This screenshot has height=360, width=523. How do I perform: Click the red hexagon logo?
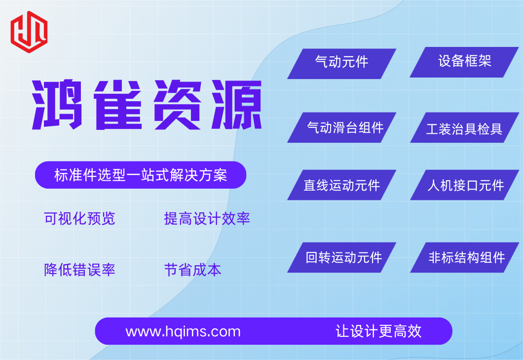[x=29, y=32]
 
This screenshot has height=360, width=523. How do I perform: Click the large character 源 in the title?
[x=237, y=105]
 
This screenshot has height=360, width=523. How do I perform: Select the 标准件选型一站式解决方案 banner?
[x=141, y=175]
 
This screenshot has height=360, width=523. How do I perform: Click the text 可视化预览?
[x=79, y=219]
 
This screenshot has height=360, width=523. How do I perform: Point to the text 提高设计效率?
[x=207, y=219]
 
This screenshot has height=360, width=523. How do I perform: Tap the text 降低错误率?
[x=79, y=270]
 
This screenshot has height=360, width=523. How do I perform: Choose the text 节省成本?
[x=192, y=270]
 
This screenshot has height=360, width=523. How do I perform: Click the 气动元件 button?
[x=341, y=64]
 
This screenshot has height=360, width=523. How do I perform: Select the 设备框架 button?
[x=464, y=62]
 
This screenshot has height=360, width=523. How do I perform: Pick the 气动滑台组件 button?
[x=341, y=127]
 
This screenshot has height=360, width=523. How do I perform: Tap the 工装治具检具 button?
[x=464, y=127]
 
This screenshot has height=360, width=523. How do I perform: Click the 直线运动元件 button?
[x=341, y=185]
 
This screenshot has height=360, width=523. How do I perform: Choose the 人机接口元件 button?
[x=464, y=185]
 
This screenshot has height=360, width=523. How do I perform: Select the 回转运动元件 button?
[x=341, y=257]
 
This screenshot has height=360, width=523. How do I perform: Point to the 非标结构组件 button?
[x=464, y=257]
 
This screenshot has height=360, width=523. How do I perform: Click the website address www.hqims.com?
[x=183, y=332]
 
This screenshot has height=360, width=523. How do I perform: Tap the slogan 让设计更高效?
[x=378, y=331]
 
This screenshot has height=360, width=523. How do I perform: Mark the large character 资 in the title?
[x=177, y=105]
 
